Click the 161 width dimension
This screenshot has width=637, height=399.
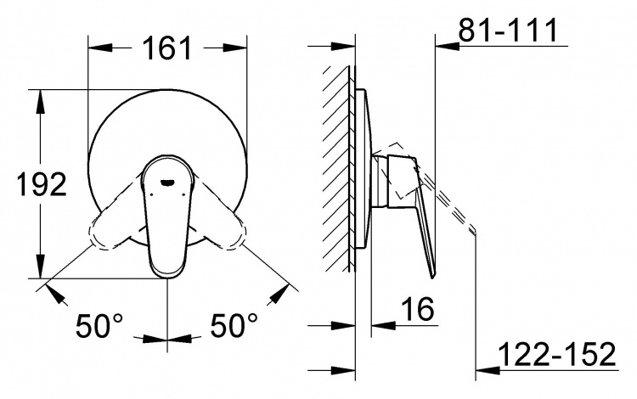(168, 48)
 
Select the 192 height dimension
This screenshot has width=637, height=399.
(42, 185)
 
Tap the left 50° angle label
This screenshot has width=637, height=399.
(99, 325)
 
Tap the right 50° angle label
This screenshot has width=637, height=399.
(234, 325)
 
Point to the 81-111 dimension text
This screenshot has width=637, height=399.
(508, 30)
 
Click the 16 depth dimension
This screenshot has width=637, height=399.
(418, 309)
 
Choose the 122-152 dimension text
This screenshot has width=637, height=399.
(557, 354)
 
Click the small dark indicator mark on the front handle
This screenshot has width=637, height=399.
(166, 184)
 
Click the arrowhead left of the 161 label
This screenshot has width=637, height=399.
(100, 48)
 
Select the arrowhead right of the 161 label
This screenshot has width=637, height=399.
(235, 48)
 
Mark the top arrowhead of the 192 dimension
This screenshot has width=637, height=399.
(40, 102)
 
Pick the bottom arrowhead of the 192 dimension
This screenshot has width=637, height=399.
(40, 267)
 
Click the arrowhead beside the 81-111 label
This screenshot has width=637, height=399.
(448, 46)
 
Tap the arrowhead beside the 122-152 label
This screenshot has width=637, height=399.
(488, 370)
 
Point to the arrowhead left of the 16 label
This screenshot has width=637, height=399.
(384, 325)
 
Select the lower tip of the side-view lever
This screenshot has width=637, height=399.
(432, 278)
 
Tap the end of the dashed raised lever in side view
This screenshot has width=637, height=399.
(474, 232)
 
